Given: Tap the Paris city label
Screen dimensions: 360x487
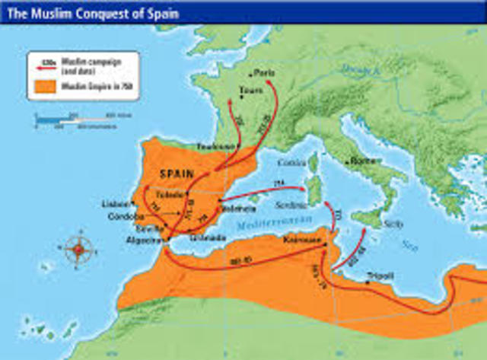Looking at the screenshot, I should (x=264, y=74).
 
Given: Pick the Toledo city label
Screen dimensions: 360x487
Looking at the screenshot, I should (x=170, y=194).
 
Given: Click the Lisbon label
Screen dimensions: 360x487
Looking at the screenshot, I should (x=114, y=204).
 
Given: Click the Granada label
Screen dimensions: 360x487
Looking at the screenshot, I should (x=207, y=237).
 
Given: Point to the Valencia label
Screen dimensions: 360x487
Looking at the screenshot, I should (x=235, y=207).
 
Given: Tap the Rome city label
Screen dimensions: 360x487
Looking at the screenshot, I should (x=359, y=161).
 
